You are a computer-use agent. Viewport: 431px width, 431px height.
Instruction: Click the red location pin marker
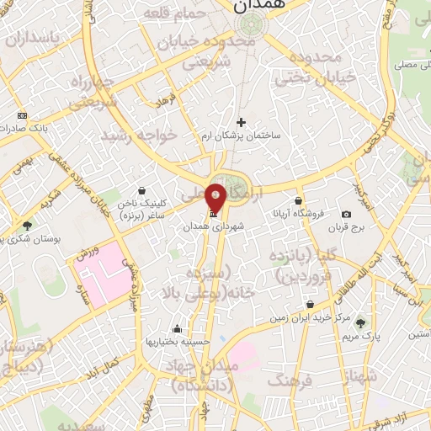click(215, 196)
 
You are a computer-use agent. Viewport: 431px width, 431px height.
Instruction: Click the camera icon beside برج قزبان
click(346, 215)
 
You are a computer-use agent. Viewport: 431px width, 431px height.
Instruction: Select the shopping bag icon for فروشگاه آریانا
click(299, 200)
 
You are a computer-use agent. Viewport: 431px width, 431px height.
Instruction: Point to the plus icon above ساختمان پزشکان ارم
click(242, 122)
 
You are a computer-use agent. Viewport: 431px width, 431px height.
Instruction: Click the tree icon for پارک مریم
click(361, 322)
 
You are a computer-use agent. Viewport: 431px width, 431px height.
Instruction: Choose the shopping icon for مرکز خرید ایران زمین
click(311, 304)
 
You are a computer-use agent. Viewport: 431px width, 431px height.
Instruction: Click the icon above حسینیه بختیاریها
click(177, 329)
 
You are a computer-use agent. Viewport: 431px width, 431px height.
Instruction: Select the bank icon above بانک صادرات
click(22, 115)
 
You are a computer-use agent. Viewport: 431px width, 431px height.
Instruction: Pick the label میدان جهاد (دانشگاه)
click(204, 375)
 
